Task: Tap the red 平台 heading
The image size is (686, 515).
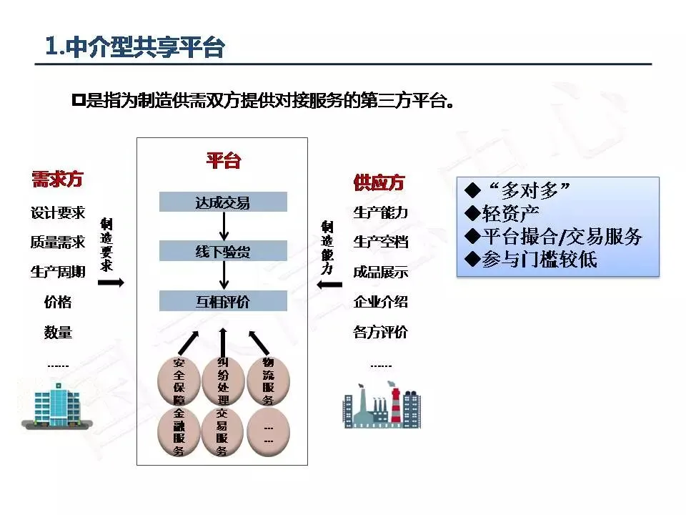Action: click(x=223, y=160)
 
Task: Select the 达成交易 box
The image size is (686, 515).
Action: click(x=223, y=202)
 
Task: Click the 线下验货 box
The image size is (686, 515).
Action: click(x=223, y=251)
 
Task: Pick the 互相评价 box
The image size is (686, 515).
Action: click(x=223, y=301)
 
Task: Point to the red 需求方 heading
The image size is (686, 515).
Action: click(x=57, y=180)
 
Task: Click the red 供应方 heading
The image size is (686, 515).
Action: click(x=379, y=182)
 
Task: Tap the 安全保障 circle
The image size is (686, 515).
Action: click(x=179, y=381)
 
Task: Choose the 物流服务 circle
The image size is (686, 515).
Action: click(x=268, y=381)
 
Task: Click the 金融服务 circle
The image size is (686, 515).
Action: click(x=179, y=432)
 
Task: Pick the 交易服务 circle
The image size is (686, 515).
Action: click(x=223, y=432)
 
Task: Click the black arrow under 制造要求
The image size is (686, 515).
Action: click(x=110, y=283)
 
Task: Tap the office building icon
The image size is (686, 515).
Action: click(x=59, y=403)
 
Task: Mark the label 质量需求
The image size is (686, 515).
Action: click(x=57, y=242)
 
